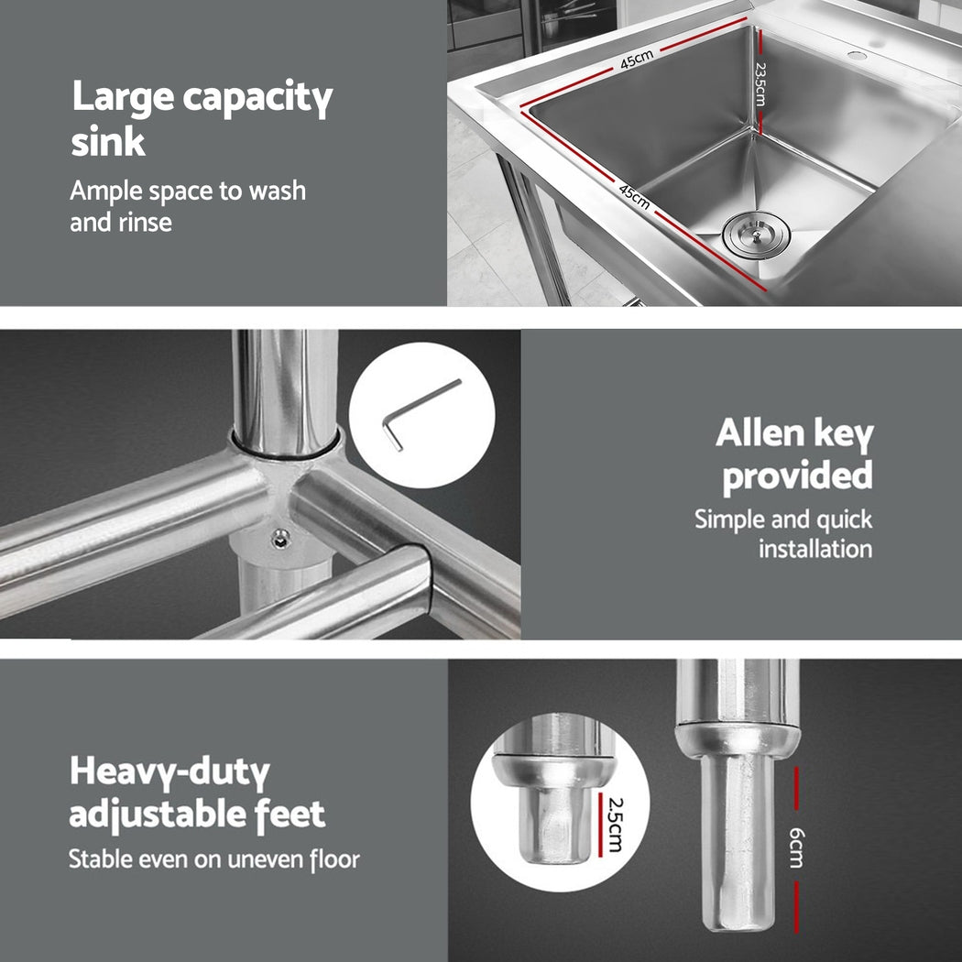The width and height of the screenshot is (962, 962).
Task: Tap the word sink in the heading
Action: tap(108, 143)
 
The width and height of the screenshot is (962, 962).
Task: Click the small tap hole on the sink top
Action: tap(858, 56)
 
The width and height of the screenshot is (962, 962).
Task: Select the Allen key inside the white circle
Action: tap(421, 415)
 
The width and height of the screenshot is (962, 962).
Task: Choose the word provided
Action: tap(797, 476)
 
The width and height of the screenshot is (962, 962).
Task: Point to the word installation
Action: tap(814, 550)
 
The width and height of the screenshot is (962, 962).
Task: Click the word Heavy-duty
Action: tap(169, 774)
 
